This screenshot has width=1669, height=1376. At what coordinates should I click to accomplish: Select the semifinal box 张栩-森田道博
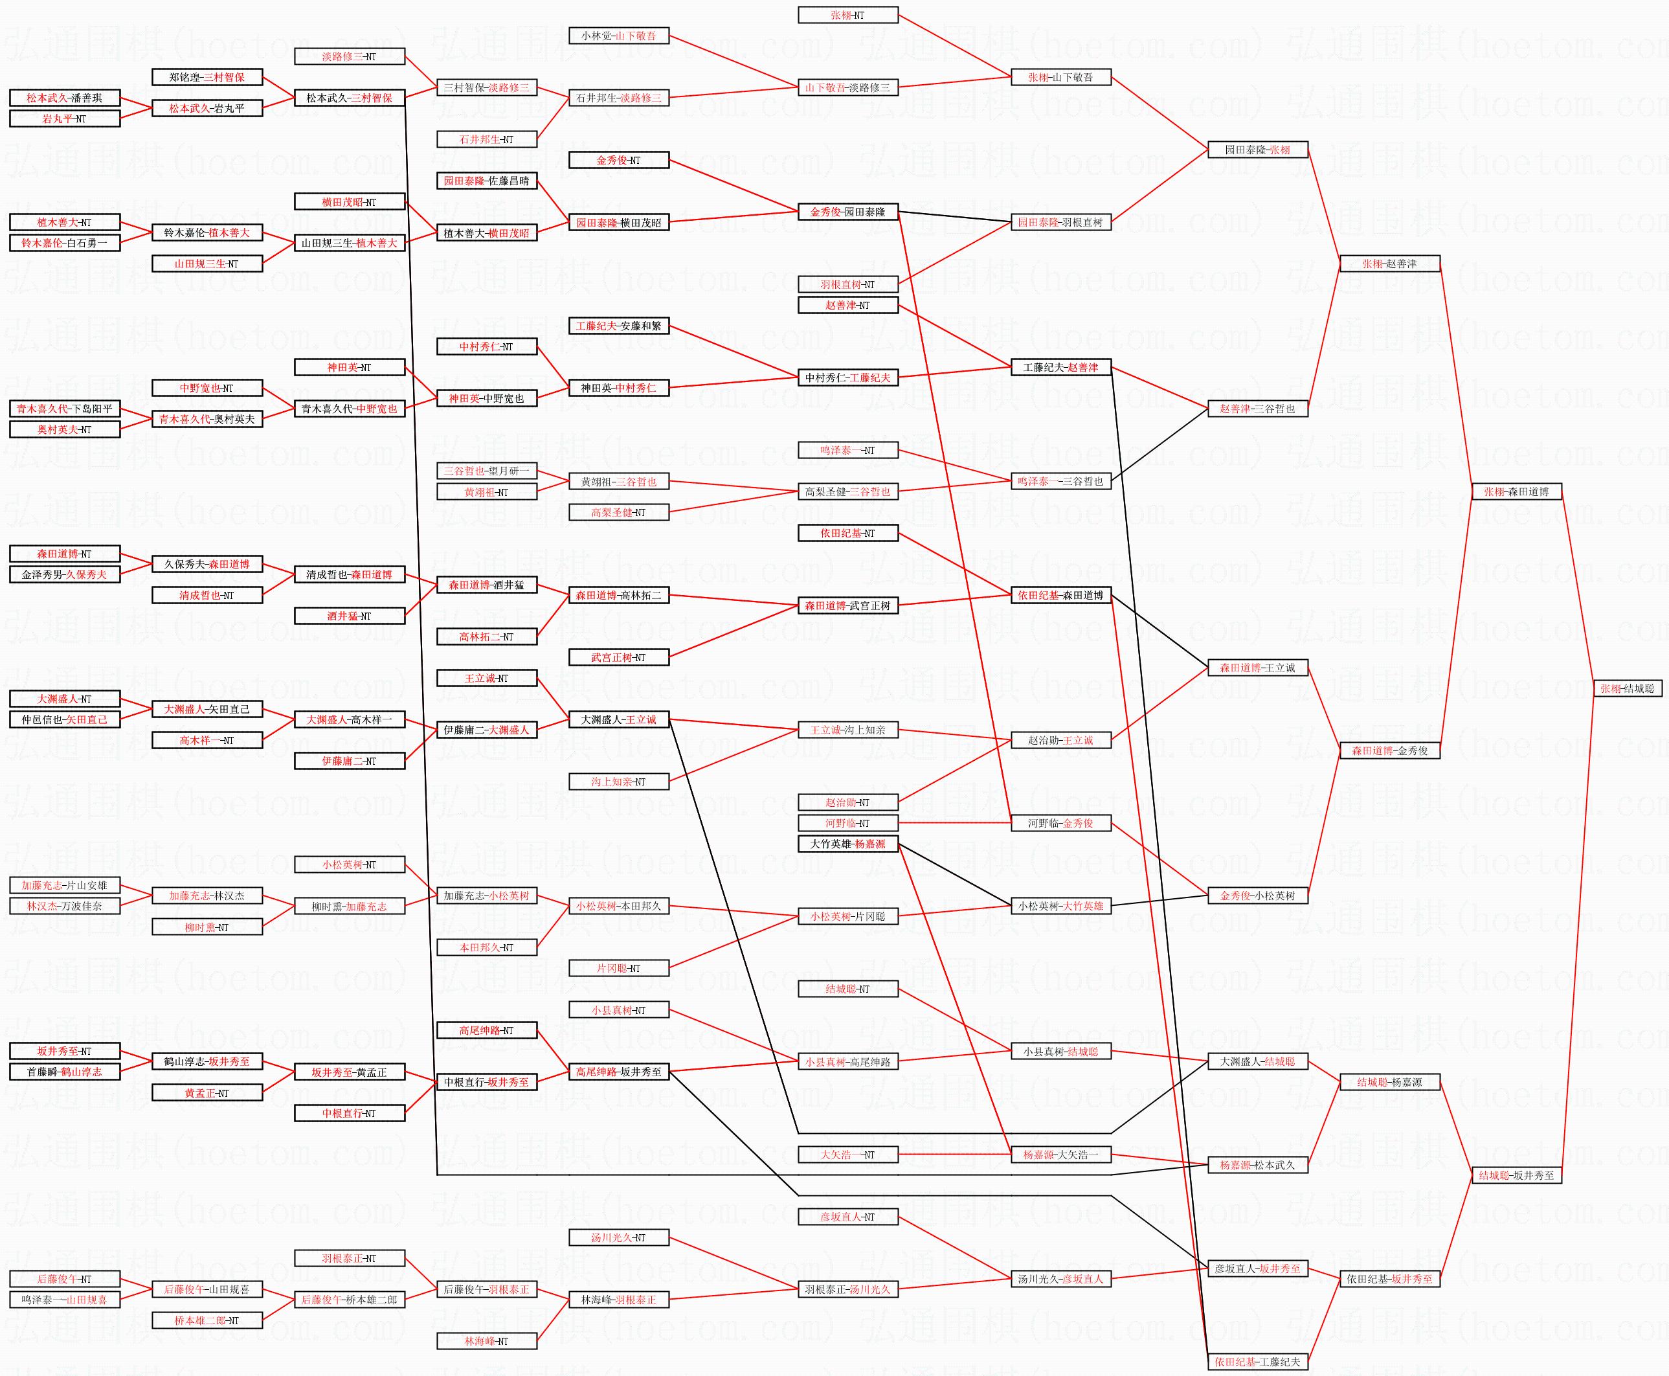click(x=1516, y=491)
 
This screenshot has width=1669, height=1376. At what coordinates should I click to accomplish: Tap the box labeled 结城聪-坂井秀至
click(x=1516, y=1175)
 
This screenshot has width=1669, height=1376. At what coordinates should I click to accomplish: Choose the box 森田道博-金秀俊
click(x=1389, y=750)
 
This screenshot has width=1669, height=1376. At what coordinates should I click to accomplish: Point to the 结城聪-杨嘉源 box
click(x=1389, y=1082)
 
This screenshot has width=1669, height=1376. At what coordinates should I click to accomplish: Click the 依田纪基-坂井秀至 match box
click(x=1389, y=1278)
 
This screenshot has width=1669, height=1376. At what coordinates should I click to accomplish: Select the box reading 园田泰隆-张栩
click(x=1257, y=150)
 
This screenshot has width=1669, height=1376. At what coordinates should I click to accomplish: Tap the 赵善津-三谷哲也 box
click(x=1257, y=409)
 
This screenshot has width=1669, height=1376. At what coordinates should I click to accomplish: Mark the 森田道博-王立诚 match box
click(x=1257, y=668)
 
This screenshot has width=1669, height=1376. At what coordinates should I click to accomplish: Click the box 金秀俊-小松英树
click(x=1257, y=896)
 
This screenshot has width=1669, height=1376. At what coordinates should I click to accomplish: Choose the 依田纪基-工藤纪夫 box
click(x=1257, y=1362)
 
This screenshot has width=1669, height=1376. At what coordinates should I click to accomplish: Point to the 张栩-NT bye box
click(x=847, y=15)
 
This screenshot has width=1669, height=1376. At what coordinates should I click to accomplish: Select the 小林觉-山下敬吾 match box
click(x=618, y=36)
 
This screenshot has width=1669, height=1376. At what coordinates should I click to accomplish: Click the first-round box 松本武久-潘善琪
click(x=64, y=98)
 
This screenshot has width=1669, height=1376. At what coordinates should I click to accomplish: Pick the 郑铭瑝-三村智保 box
click(x=207, y=78)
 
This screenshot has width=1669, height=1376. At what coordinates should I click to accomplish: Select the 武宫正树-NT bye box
click(x=618, y=657)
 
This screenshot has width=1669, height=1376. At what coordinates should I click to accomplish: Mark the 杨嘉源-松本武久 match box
click(x=1257, y=1165)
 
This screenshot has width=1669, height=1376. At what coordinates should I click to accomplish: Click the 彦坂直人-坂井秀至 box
click(x=1257, y=1269)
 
